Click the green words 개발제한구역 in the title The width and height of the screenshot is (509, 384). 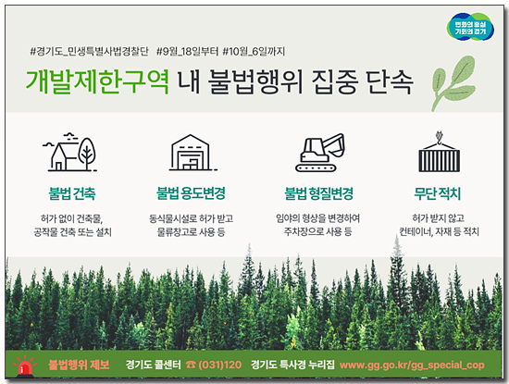[x=97, y=81]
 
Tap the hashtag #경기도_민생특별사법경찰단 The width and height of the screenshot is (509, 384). [x=89, y=51]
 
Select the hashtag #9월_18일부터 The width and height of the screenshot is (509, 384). [x=187, y=51]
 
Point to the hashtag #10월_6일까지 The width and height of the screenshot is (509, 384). [x=254, y=51]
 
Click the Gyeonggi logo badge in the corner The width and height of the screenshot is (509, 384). [x=470, y=27]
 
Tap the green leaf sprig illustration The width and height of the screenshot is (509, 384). [x=453, y=82]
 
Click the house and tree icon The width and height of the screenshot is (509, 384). [x=69, y=152]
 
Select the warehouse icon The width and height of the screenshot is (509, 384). [x=192, y=153]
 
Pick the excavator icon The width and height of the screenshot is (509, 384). [x=320, y=153]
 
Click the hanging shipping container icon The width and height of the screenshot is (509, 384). [x=439, y=152]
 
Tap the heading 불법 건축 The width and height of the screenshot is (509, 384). [x=72, y=193]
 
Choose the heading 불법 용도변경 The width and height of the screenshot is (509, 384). [x=191, y=193]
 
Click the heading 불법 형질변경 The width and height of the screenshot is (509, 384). [x=318, y=193]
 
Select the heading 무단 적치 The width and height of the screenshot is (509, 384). [x=437, y=193]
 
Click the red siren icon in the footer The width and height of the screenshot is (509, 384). [x=25, y=365]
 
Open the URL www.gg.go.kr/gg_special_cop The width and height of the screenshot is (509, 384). [x=412, y=365]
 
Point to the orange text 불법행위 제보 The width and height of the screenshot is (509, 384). [x=79, y=365]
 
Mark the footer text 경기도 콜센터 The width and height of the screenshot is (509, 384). [x=154, y=365]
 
